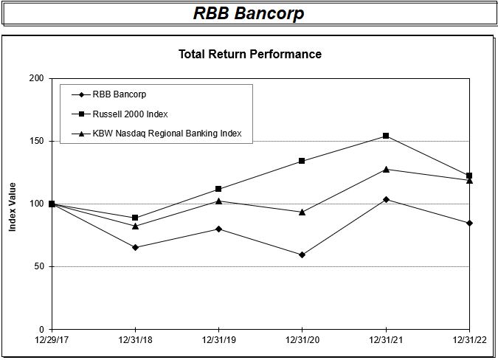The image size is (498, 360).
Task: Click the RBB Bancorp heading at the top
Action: pyautogui.click(x=249, y=14)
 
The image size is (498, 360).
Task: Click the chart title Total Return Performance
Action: pyautogui.click(x=250, y=54)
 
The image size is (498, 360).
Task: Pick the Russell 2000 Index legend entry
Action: pyautogui.click(x=130, y=114)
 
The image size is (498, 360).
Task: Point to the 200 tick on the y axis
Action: pyautogui.click(x=36, y=78)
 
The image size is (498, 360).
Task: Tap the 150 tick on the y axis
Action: pyautogui.click(x=36, y=141)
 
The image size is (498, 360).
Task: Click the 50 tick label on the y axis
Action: pyautogui.click(x=38, y=266)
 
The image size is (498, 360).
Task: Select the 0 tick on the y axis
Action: pyautogui.click(x=41, y=329)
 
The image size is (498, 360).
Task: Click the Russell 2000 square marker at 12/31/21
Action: pyautogui.click(x=386, y=136)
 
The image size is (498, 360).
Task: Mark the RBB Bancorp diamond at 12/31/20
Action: pyautogui.click(x=302, y=255)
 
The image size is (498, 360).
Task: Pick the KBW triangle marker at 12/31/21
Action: pyautogui.click(x=386, y=169)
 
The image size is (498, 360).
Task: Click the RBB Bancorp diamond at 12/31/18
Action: pyautogui.click(x=135, y=247)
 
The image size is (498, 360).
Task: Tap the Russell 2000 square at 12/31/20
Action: pyautogui.click(x=302, y=161)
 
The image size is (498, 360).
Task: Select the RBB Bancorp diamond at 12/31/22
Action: pyautogui.click(x=469, y=223)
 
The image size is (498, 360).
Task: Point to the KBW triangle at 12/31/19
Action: pyautogui.click(x=218, y=201)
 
